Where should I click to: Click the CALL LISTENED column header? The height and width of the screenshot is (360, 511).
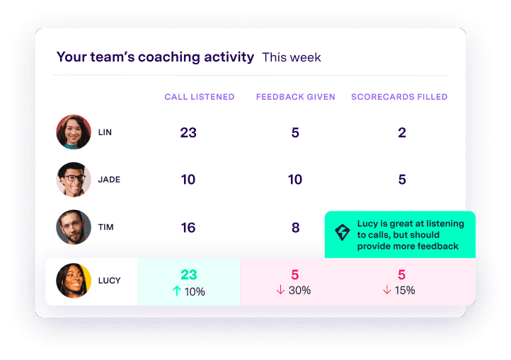199,97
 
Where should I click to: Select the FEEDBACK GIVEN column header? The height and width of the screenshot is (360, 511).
295,97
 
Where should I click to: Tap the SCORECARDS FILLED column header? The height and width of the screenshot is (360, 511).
399,97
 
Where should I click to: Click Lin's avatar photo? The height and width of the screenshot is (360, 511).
74,132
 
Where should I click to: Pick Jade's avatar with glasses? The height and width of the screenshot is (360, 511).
74,180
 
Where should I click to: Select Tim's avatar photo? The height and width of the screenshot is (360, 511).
74,227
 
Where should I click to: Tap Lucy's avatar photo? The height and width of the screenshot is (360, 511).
74,281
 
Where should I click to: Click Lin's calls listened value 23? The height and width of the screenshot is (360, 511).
188,132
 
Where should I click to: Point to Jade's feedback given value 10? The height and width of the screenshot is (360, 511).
295,180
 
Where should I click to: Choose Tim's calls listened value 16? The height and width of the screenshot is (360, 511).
188,227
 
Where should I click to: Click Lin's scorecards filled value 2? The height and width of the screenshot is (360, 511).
402,132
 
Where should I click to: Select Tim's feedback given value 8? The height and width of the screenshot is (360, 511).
295,227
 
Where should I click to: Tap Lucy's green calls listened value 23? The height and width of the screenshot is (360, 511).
188,274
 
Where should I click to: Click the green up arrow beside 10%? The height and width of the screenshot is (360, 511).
177,291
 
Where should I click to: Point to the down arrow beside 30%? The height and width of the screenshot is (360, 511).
281,291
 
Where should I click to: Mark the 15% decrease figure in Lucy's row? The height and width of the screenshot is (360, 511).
405,291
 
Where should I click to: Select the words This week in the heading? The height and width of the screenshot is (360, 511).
292,57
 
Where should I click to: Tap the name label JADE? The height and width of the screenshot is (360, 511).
109,180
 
